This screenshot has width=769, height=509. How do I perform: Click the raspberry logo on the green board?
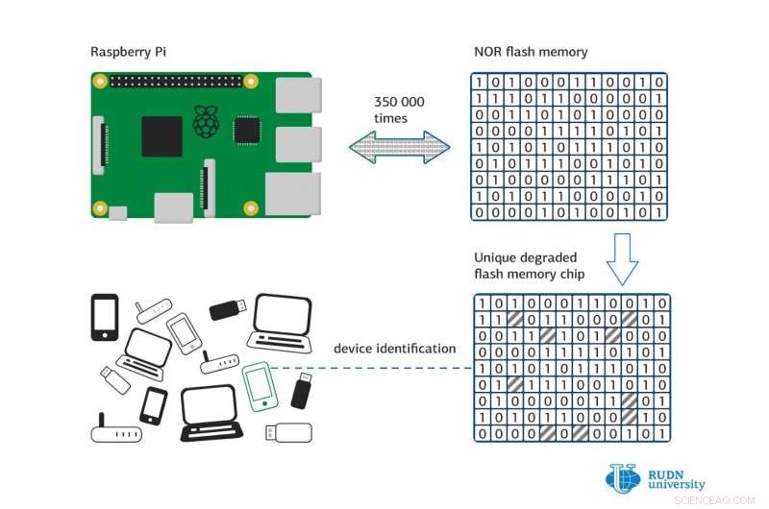point(205,122)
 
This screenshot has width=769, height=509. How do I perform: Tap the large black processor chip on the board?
point(161,135)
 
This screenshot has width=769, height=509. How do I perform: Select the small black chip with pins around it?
point(248,129)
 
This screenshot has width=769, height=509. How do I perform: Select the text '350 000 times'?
point(399,109)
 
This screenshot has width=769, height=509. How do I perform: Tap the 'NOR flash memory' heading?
point(531,52)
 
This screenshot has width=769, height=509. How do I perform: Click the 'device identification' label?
point(394,348)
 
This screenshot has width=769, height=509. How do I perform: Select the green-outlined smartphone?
point(258,385)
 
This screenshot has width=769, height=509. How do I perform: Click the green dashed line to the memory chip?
point(375,368)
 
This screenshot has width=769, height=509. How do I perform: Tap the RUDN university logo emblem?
point(622,478)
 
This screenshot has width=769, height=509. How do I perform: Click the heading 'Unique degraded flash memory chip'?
point(538,266)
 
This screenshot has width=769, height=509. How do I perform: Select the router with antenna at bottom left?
point(115,429)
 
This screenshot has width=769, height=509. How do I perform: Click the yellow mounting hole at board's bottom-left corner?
point(99,206)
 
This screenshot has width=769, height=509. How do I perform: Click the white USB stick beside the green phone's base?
point(288,432)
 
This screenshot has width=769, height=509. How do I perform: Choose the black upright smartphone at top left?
point(104,317)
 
